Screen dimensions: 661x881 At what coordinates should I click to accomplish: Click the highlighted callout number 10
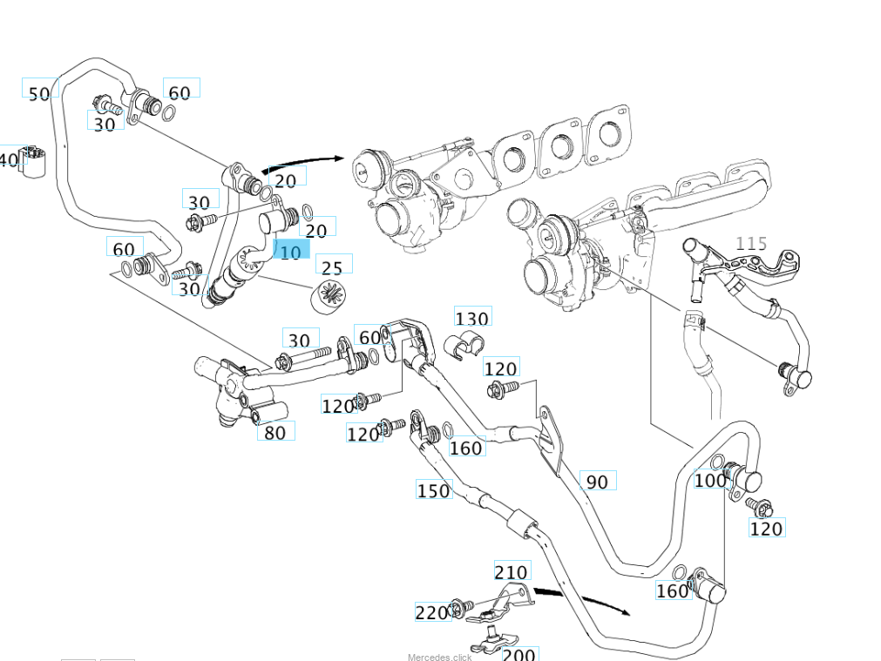click(291, 252)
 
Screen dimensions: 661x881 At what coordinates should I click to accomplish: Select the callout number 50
click(39, 94)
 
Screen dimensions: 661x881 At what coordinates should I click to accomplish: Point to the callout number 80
click(274, 432)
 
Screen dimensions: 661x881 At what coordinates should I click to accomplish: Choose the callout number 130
click(472, 319)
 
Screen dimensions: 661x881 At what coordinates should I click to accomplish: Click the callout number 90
click(597, 482)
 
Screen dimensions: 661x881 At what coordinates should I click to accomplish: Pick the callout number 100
click(710, 480)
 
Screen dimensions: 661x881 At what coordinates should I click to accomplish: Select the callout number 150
click(433, 490)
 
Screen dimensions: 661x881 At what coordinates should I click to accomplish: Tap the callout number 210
click(511, 572)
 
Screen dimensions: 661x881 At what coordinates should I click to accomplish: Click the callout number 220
click(431, 613)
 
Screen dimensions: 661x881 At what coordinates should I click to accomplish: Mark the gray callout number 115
click(751, 243)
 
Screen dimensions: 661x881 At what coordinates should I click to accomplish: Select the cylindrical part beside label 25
click(330, 296)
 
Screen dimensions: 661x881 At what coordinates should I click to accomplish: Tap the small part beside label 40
click(34, 162)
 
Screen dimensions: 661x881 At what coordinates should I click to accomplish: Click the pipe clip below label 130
click(464, 346)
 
